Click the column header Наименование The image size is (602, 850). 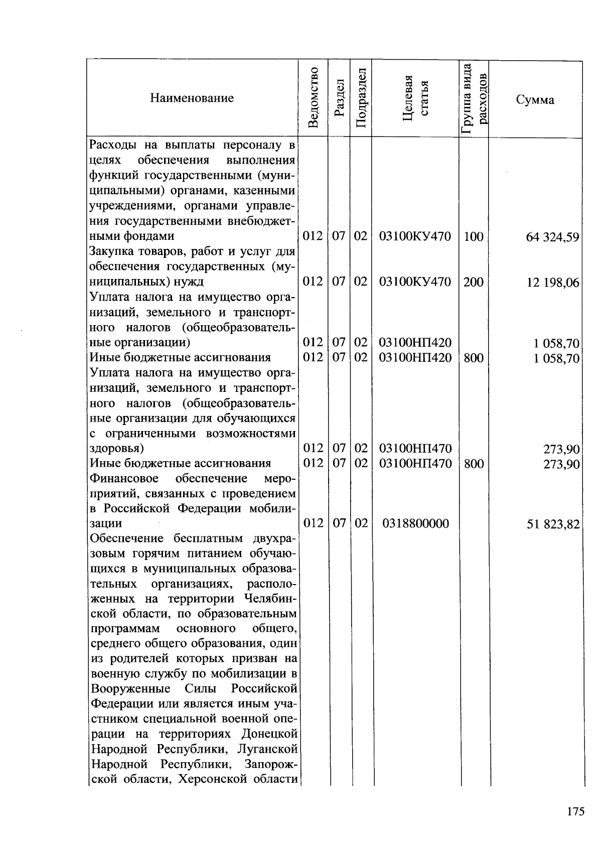coord(192,98)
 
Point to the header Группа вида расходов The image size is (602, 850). coord(474,99)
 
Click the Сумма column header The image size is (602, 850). coord(535,100)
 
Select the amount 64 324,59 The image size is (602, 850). coord(552,237)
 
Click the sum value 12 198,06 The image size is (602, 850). coord(552,282)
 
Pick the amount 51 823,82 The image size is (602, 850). coord(553,524)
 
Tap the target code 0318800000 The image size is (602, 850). coord(415,524)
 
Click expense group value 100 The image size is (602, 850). coord(473,236)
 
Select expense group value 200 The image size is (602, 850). coord(473,282)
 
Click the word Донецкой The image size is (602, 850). coord(269,734)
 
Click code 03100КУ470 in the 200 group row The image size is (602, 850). coord(415,282)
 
